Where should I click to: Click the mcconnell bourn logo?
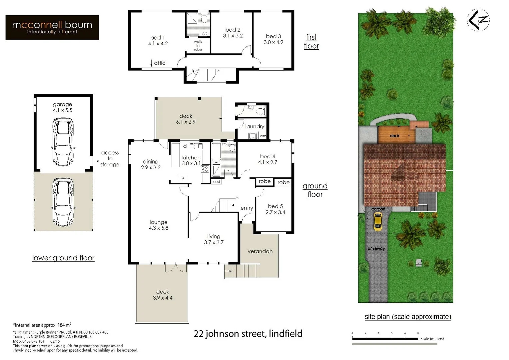[x=52, y=27]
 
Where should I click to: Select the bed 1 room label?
[x=158, y=38]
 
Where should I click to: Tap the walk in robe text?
[x=198, y=46]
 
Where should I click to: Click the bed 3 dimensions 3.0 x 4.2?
[x=273, y=42]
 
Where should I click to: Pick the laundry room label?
[x=254, y=127]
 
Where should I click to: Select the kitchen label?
[x=191, y=158]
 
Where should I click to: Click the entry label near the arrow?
[x=247, y=208]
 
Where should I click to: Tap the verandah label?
[x=260, y=251]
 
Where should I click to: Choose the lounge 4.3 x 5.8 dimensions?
[x=159, y=228]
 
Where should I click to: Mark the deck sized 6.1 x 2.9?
[x=186, y=119]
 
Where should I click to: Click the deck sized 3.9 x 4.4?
[x=163, y=295]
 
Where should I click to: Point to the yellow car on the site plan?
[x=377, y=222]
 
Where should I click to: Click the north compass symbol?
[x=478, y=20]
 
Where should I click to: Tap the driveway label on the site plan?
[x=376, y=249]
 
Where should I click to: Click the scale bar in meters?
[x=385, y=339]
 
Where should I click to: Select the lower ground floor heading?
[x=63, y=258]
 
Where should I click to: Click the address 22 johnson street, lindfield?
[x=248, y=334]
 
